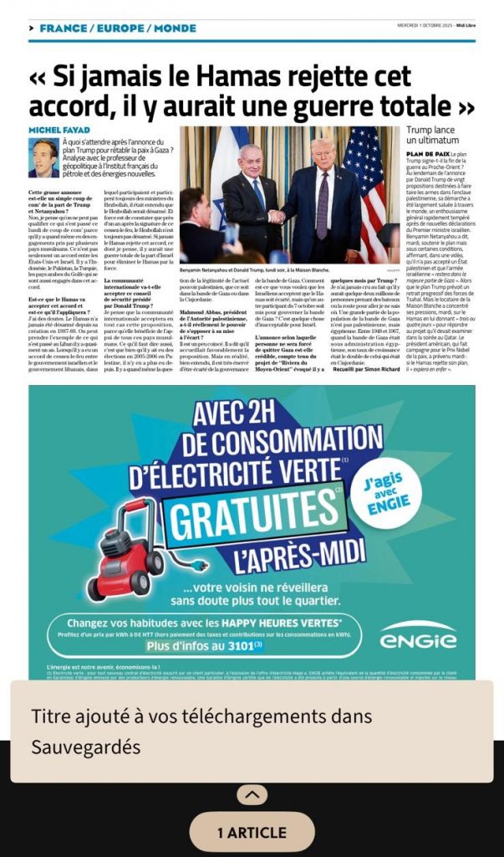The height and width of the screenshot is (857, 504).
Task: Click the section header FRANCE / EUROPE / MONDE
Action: tap(117, 28)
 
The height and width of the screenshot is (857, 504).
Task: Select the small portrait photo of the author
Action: tap(44, 157)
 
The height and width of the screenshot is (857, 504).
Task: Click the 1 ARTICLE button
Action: tap(251, 832)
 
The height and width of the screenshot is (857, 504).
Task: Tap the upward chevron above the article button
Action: tap(252, 795)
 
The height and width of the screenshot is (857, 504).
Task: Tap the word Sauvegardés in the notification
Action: tap(85, 746)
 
